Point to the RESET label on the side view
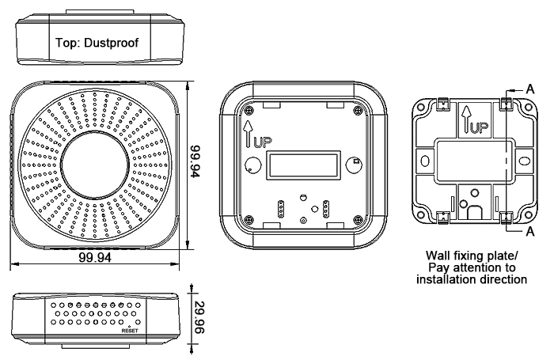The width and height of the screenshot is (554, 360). [x=130, y=331]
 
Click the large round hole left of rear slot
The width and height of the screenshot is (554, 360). [x=251, y=168]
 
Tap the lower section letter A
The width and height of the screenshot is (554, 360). [x=529, y=233]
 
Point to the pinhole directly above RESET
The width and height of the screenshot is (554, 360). [x=129, y=324]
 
